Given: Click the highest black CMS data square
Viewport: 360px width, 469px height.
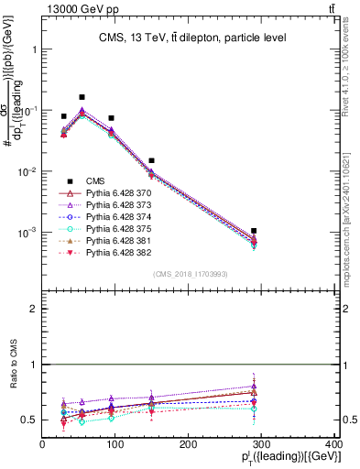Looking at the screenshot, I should pos(82,97).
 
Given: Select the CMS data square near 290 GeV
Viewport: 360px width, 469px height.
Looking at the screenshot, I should pos(266,231).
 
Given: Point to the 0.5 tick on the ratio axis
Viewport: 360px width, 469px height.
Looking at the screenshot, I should pos(29,420).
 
